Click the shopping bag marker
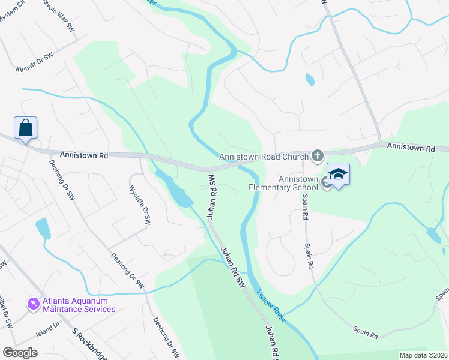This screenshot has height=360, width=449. click(x=26, y=128)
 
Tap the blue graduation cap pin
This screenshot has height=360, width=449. click(x=339, y=175)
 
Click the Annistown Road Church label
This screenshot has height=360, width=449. click(x=264, y=157)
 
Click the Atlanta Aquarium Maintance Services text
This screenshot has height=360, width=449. click(x=79, y=305)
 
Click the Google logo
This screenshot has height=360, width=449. click(x=20, y=353)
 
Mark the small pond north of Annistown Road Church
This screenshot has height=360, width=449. click(x=309, y=79)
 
